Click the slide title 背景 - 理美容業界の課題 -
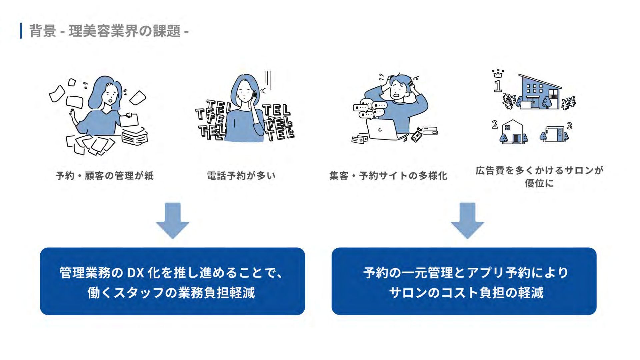[x=109, y=31]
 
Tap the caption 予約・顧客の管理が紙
[x=105, y=176]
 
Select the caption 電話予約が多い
[x=241, y=176]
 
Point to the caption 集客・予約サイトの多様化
[x=388, y=176]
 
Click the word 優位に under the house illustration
[x=539, y=183]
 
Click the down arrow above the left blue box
[x=173, y=220]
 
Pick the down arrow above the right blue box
[x=467, y=220]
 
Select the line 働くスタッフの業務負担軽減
[x=171, y=293]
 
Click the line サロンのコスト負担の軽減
[x=466, y=293]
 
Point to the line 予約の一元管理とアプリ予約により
[x=466, y=273]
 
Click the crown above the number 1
[x=498, y=73]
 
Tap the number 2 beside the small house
[x=495, y=125]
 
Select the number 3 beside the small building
[x=569, y=126]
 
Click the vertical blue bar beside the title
[x=21, y=31]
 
